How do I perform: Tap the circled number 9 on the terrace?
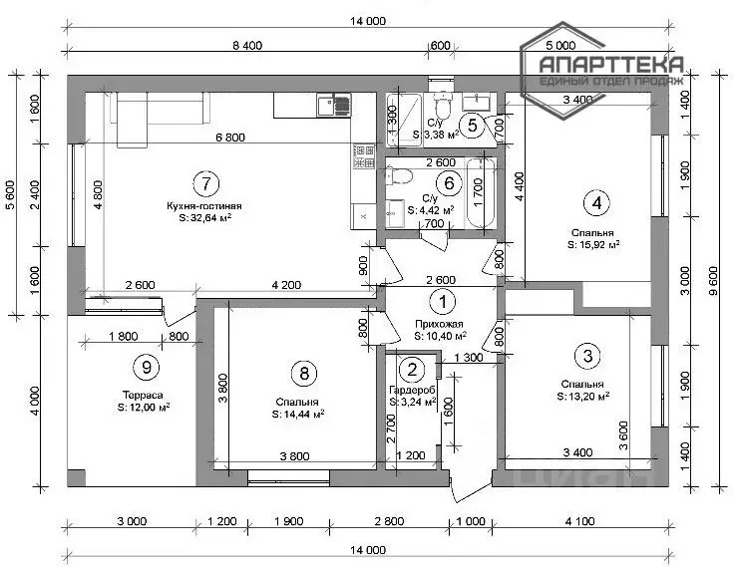147,367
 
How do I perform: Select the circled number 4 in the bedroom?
596,203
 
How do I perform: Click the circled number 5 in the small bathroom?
474,125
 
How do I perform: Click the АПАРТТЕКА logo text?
610,65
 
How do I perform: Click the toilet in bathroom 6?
401,179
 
